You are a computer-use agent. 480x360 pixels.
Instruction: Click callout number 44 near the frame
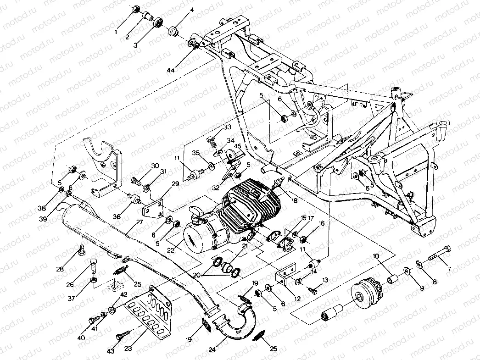(171, 70)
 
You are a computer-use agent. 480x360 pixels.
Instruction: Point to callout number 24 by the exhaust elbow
(212, 349)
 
